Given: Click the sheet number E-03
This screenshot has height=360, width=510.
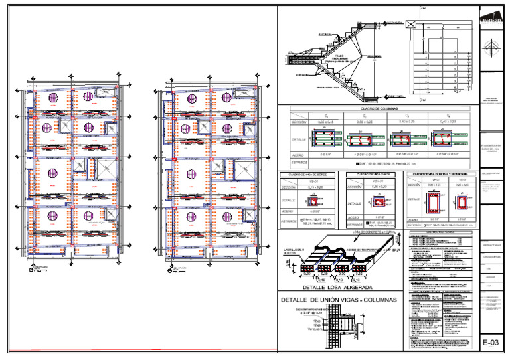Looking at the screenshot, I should (490, 342).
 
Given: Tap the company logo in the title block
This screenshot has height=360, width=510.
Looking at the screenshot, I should (491, 20).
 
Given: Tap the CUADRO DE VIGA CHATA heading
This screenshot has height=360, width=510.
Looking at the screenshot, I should (369, 175).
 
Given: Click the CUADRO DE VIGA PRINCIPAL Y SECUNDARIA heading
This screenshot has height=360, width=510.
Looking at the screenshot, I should (438, 175).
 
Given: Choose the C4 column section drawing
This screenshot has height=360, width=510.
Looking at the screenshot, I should (443, 139).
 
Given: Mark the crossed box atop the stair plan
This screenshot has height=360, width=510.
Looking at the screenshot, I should (413, 25).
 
